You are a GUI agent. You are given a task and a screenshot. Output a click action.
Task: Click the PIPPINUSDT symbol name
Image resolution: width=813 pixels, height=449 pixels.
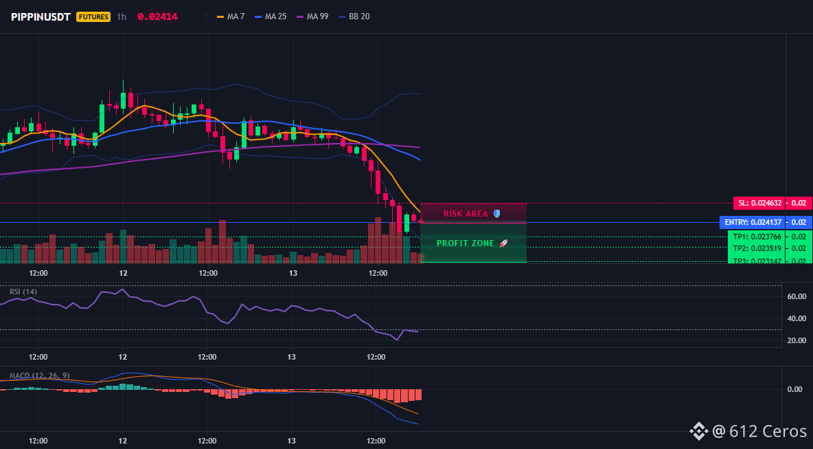click(41, 17)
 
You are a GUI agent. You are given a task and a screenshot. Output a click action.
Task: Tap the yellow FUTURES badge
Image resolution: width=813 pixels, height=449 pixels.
click(93, 17)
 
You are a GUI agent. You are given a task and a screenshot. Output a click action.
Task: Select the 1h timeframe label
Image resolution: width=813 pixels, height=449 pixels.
click(122, 17)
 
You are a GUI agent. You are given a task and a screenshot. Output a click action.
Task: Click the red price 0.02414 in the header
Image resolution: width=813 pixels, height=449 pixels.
click(158, 17)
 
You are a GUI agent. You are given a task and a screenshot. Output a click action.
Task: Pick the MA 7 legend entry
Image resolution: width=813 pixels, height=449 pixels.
click(231, 17)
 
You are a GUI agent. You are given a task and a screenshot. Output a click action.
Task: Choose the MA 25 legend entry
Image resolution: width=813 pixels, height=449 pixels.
click(271, 17)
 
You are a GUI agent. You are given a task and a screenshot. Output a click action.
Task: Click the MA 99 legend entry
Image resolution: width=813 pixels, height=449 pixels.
click(312, 17)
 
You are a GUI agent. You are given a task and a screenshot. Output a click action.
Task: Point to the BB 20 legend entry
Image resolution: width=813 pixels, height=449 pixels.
click(354, 17)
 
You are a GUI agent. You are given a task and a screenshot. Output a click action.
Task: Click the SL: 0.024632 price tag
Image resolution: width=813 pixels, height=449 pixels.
click(759, 203)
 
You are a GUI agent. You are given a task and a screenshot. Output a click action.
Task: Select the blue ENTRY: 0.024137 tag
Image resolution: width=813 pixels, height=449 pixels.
click(753, 223)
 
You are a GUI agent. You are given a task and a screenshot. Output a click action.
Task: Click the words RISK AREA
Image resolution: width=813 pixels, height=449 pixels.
click(466, 213)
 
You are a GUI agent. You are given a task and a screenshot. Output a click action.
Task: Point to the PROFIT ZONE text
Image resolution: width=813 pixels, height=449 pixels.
click(466, 243)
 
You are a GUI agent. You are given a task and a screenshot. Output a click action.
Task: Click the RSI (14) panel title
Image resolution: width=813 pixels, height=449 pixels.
click(23, 292)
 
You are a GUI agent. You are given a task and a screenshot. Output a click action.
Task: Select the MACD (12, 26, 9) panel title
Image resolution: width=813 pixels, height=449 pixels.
click(39, 375)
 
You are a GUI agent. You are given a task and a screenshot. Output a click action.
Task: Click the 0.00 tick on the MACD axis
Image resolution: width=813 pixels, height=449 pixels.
click(795, 388)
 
